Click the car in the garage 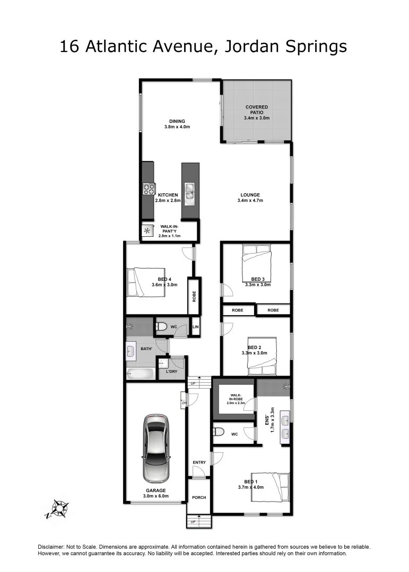[x=156, y=448]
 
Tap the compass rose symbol [x=58, y=509]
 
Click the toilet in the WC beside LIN [x=162, y=327]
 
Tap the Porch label [x=199, y=497]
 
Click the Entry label [x=199, y=462]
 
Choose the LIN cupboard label [x=195, y=327]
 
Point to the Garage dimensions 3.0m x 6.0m [x=155, y=496]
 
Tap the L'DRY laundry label [x=171, y=371]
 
